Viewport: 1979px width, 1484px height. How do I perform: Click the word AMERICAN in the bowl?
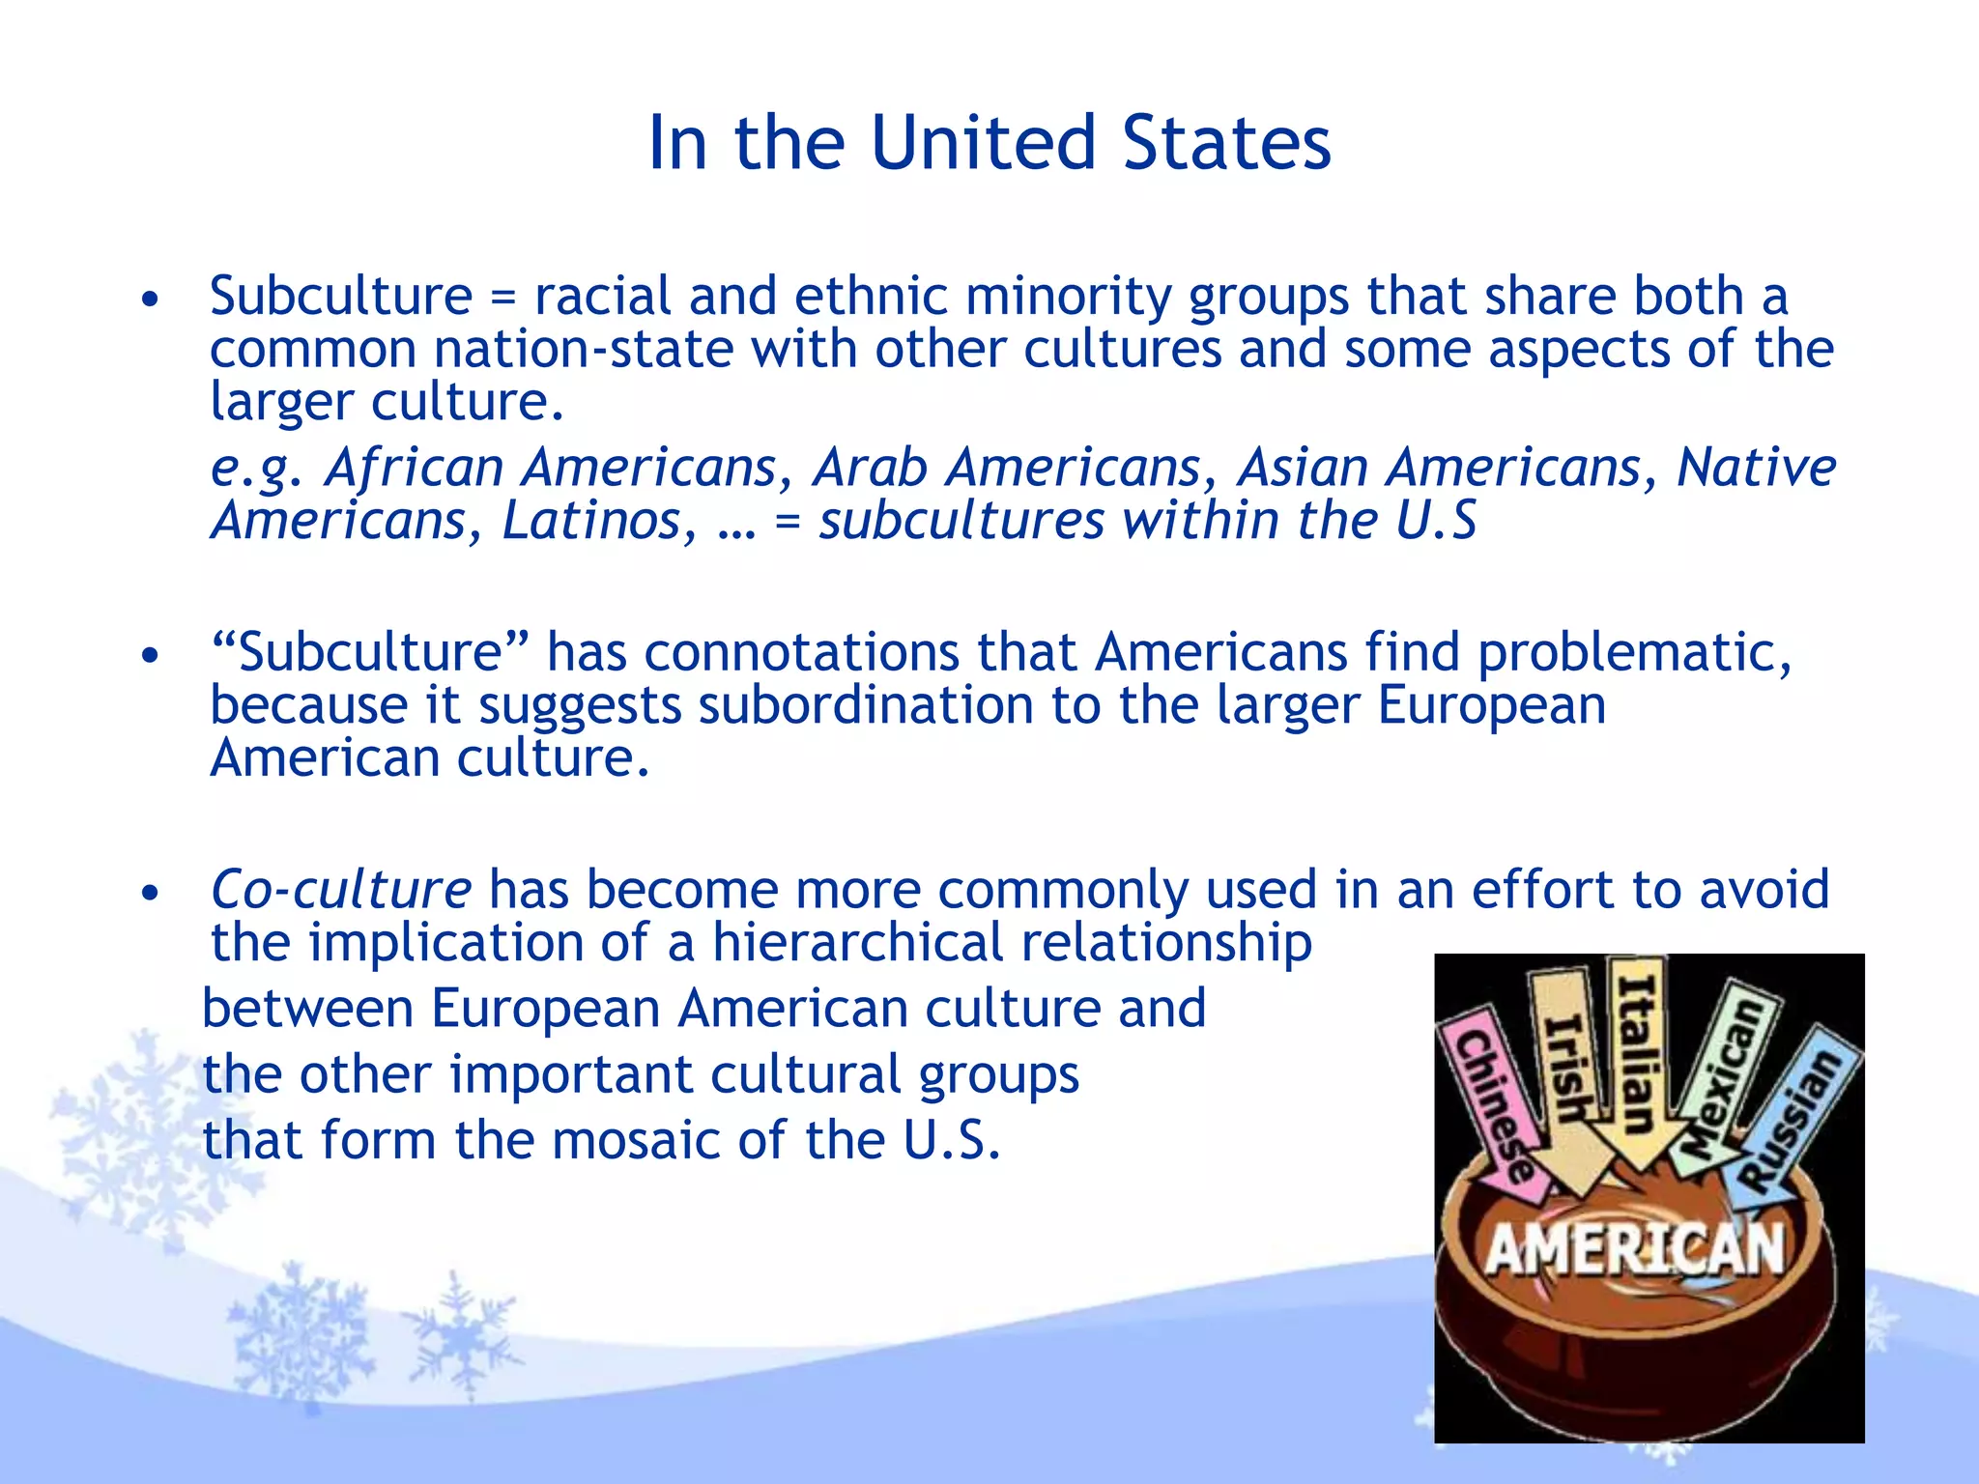tap(1634, 1248)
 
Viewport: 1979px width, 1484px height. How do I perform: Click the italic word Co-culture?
tap(340, 890)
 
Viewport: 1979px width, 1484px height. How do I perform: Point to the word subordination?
tap(866, 705)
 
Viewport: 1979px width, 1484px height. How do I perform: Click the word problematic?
tap(1634, 653)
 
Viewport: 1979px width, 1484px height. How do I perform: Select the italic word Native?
tap(1756, 469)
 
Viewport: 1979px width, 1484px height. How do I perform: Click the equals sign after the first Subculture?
tap(502, 298)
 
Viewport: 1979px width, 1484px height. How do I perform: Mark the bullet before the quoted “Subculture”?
tap(149, 657)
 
